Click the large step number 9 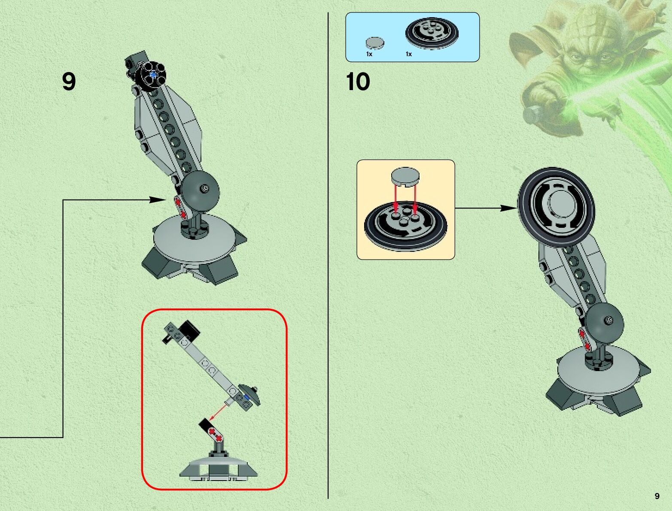(x=69, y=82)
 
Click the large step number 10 (x=358, y=82)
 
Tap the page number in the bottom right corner (x=657, y=496)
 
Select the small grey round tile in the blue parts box (x=375, y=42)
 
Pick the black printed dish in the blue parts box (x=432, y=33)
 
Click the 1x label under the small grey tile (x=369, y=54)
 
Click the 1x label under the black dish (x=409, y=54)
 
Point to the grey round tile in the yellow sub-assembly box (x=405, y=176)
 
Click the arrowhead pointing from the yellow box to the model (x=509, y=209)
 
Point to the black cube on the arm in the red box (x=189, y=330)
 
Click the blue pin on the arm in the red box (x=246, y=399)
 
